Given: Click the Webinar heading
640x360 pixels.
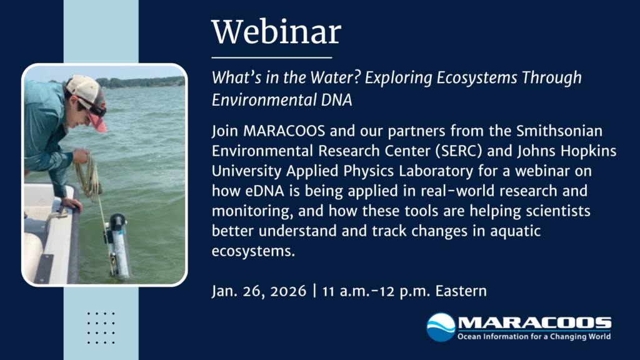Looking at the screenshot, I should pyautogui.click(x=276, y=32).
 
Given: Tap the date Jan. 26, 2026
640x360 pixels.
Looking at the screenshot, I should pyautogui.click(x=260, y=291).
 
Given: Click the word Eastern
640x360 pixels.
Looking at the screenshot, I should pyautogui.click(x=463, y=291).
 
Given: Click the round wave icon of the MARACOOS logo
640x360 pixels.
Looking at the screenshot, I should pyautogui.click(x=441, y=327).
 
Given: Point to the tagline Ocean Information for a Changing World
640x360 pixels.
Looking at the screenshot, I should pyautogui.click(x=534, y=337).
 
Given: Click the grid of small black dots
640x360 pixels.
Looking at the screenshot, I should pyautogui.click(x=101, y=327).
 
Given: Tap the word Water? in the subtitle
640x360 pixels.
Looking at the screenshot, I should pyautogui.click(x=317, y=78).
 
